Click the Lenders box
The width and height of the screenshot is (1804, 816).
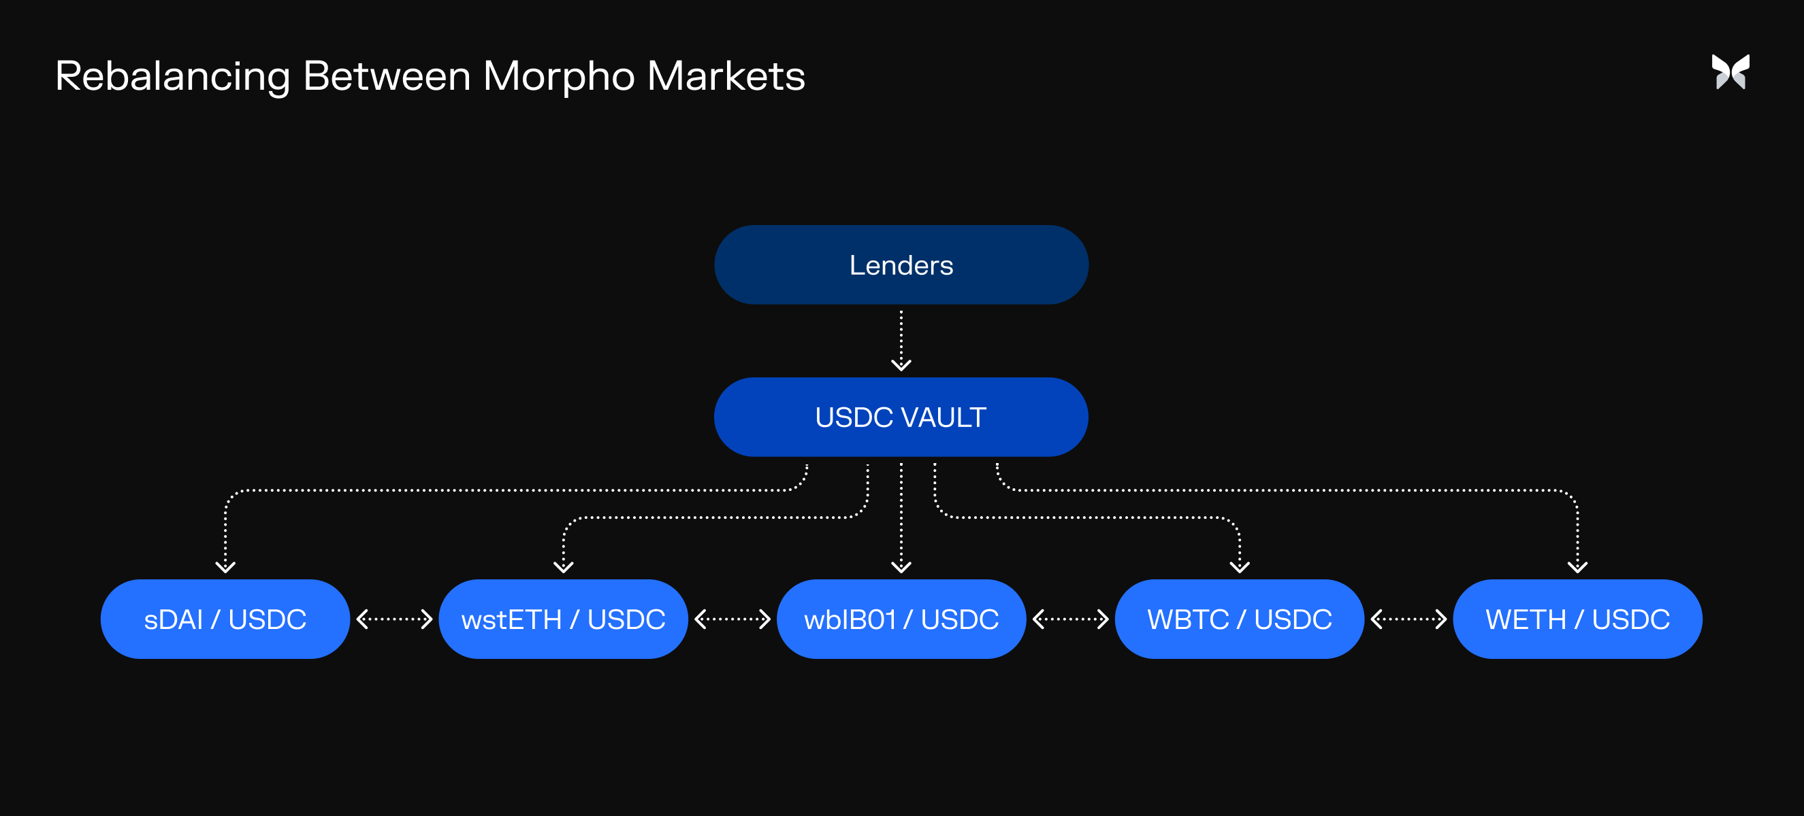click(x=901, y=265)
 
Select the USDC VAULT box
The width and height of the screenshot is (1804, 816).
click(x=901, y=417)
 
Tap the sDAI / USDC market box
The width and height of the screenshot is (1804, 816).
click(x=225, y=619)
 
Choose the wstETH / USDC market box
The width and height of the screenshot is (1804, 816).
click(x=563, y=619)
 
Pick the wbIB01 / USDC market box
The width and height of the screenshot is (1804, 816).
click(x=901, y=619)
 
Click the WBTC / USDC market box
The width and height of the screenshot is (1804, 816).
click(x=1239, y=619)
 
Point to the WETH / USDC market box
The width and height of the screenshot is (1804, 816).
click(x=1577, y=619)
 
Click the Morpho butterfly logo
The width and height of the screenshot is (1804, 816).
click(x=1730, y=72)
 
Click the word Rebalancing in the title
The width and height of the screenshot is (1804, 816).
click(x=172, y=76)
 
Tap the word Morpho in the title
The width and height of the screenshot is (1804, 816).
click(x=558, y=76)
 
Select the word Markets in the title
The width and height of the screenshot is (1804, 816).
click(x=726, y=76)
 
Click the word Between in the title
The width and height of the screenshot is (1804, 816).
click(x=387, y=76)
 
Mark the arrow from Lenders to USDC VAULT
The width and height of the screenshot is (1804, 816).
click(x=901, y=340)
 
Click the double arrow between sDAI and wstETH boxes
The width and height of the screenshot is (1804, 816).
click(x=394, y=619)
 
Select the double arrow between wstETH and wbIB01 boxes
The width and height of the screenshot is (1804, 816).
click(x=732, y=619)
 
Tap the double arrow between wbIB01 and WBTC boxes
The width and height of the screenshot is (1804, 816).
click(x=1070, y=619)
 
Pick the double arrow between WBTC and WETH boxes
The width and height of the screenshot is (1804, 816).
click(x=1408, y=619)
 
